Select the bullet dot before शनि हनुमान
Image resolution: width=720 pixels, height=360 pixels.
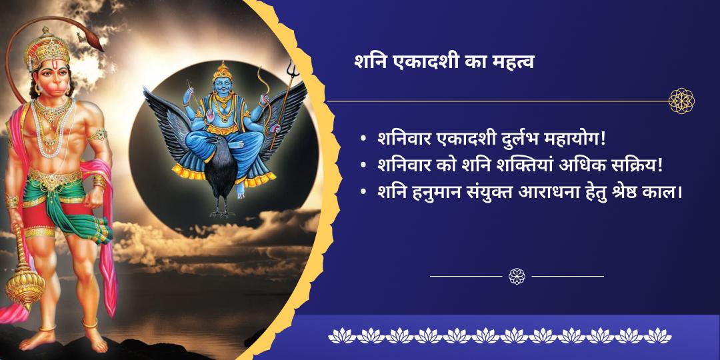pos(363,192)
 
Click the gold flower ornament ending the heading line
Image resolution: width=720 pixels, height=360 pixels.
pos(682,101)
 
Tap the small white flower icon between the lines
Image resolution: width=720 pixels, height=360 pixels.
pos(517,275)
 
